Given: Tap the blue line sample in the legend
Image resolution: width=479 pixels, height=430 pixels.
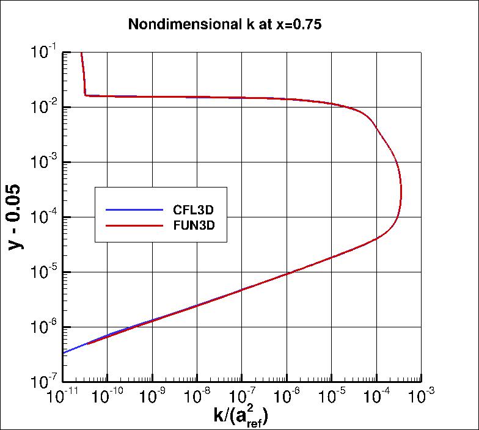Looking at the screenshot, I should point(135,210).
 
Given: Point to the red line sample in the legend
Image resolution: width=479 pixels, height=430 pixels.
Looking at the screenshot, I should point(135,225).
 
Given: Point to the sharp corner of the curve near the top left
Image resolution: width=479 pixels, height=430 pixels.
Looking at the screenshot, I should point(85,95).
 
